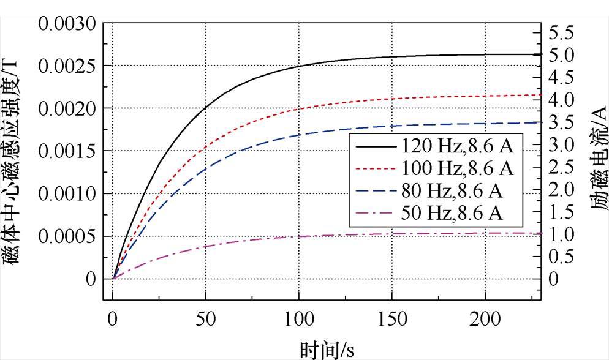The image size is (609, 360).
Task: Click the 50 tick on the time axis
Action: coord(205,318)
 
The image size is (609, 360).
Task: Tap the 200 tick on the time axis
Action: coord(485,318)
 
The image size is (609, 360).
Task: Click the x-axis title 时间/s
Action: coord(327,349)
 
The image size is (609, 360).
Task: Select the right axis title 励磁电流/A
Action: coord(598,156)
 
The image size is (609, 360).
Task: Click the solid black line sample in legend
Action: coord(374,147)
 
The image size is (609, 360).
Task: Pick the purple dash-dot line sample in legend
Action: coord(374,213)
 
